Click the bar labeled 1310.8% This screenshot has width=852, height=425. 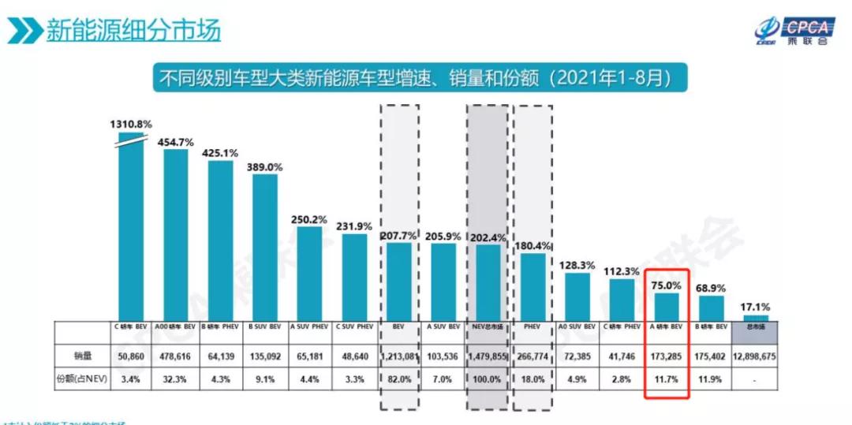coord(131,229)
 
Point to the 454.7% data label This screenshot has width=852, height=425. coord(175,142)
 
